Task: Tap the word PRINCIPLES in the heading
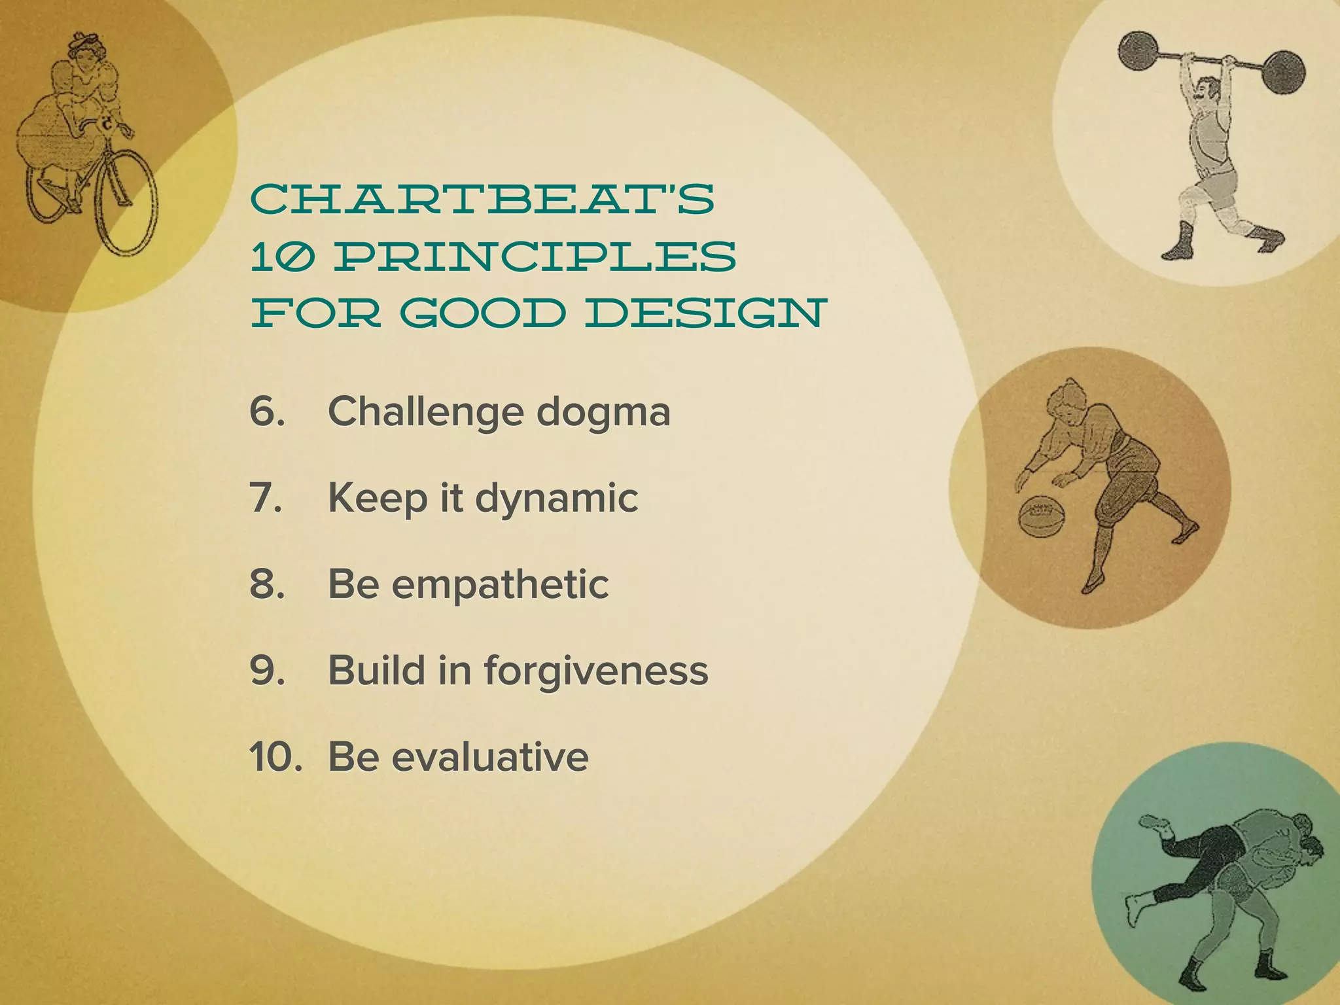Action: click(x=535, y=256)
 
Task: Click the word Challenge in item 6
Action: click(x=426, y=412)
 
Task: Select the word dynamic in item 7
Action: click(x=556, y=499)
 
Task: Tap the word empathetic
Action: click(x=501, y=584)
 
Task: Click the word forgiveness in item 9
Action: click(x=596, y=671)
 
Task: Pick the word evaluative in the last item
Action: click(x=490, y=757)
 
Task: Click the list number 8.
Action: click(x=267, y=584)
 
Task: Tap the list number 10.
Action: click(x=275, y=757)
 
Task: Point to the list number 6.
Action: click(x=267, y=412)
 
